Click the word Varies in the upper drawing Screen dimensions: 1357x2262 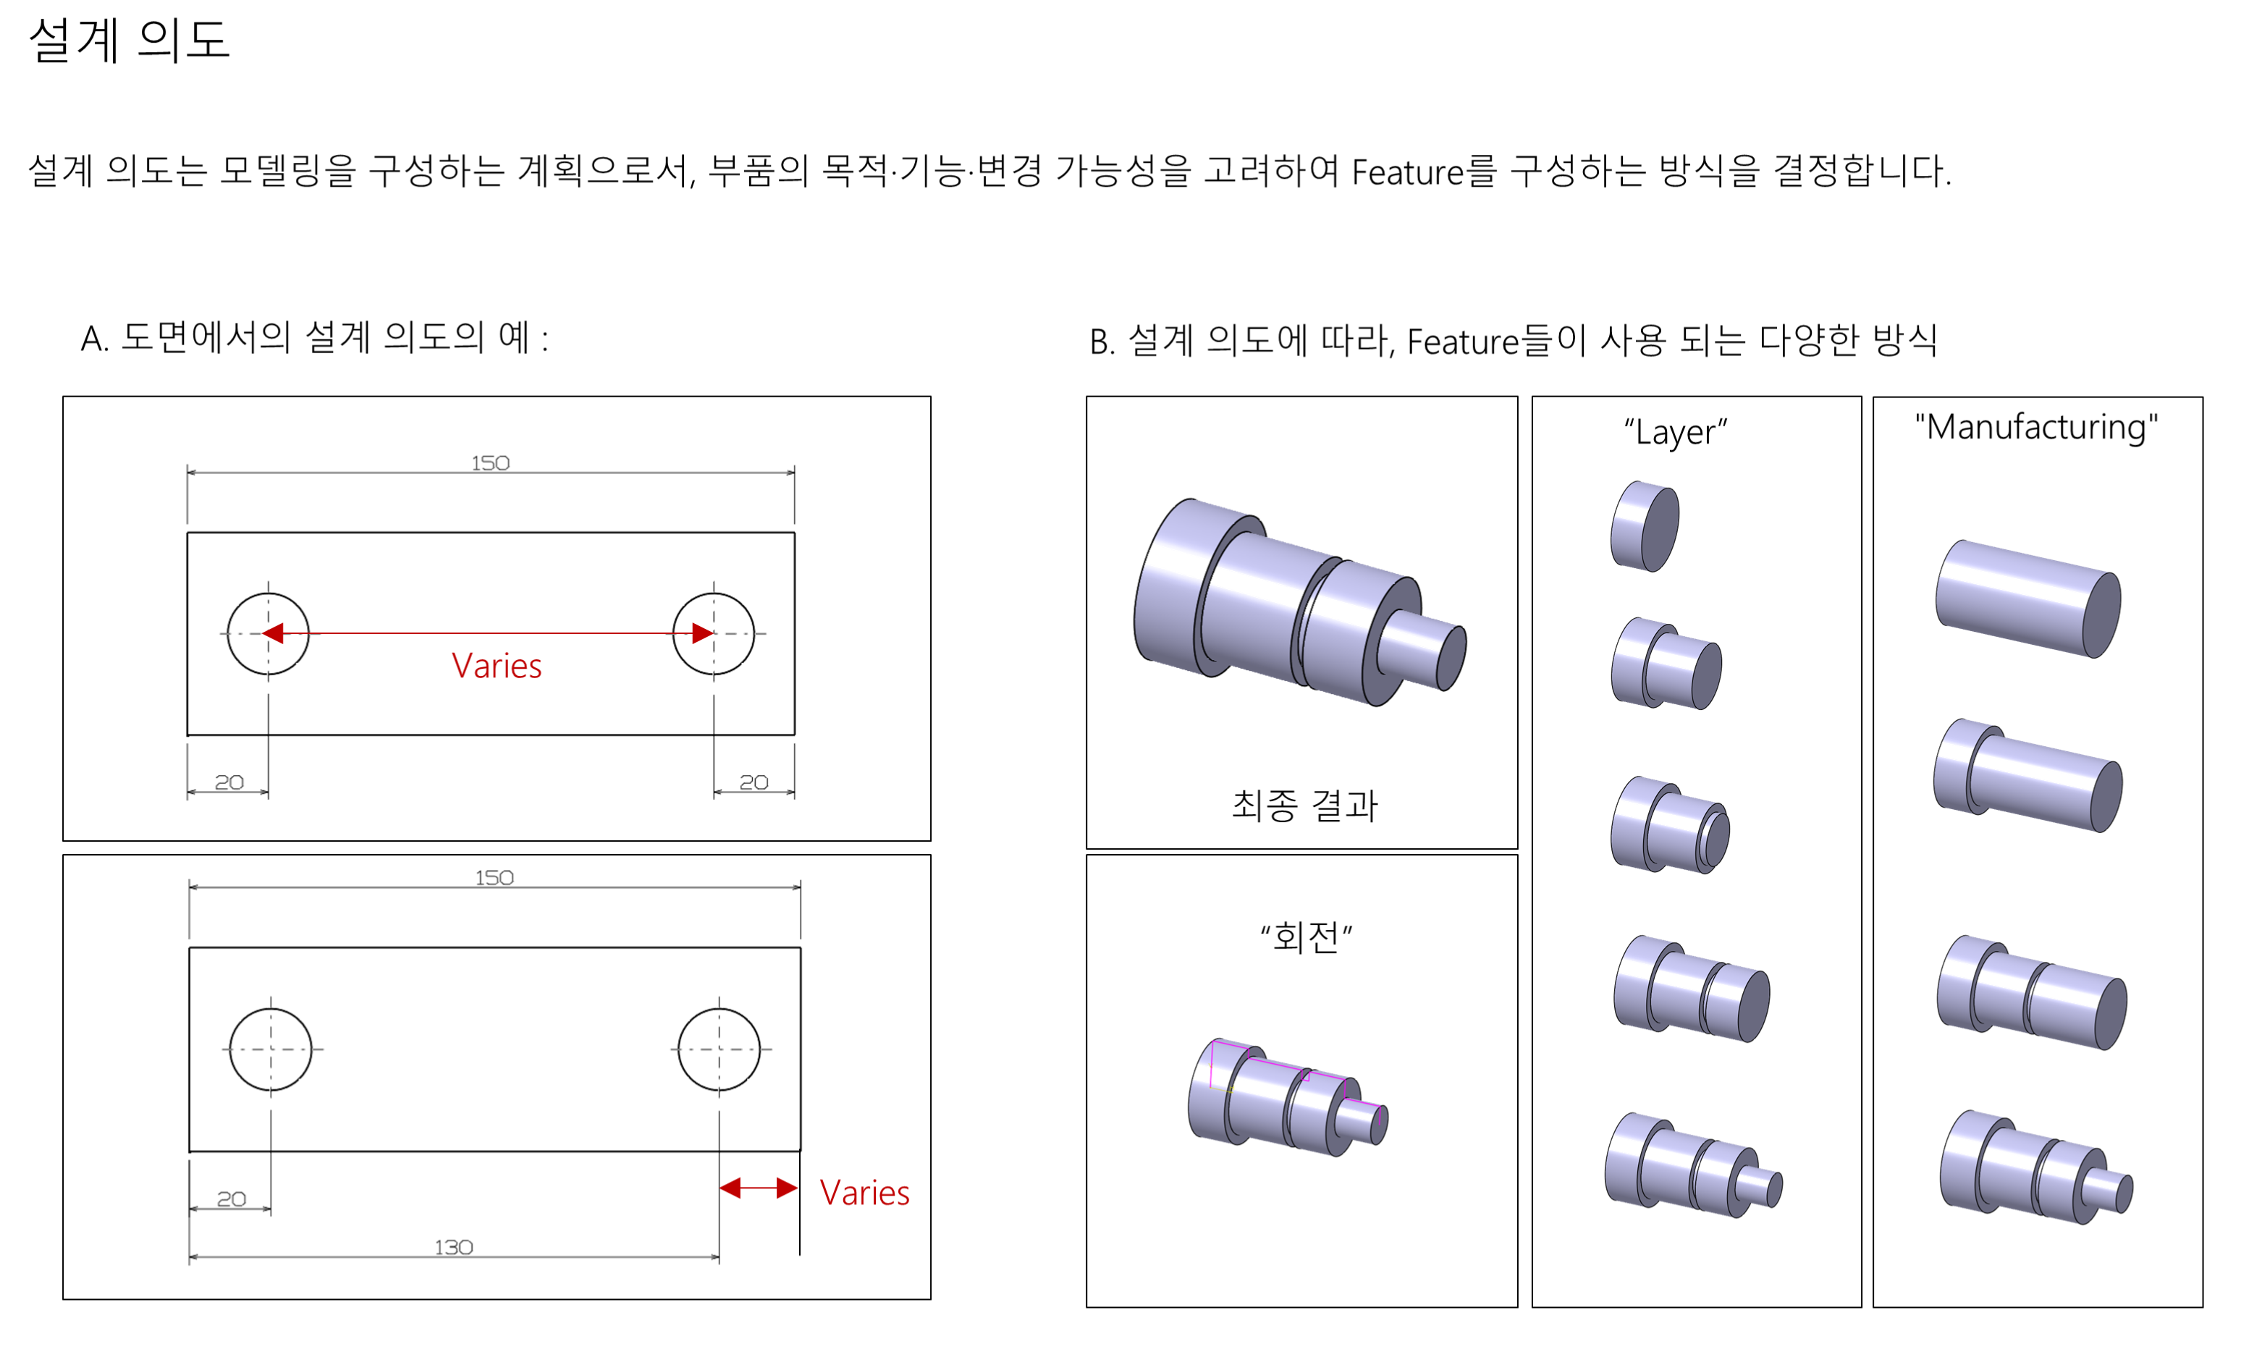click(497, 667)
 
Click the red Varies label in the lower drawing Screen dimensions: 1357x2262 click(864, 1193)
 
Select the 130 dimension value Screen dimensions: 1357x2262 click(454, 1247)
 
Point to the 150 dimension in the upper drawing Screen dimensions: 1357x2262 click(490, 462)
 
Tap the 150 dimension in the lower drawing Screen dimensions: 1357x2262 click(494, 878)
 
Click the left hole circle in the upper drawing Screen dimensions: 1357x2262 click(268, 634)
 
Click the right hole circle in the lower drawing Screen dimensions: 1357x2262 click(719, 1049)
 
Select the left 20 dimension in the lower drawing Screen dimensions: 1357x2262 click(232, 1199)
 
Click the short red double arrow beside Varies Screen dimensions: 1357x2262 click(758, 1188)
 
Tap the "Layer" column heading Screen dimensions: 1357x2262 click(1675, 431)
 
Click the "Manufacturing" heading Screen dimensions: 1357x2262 click(2036, 427)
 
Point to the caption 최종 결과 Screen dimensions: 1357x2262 click(1304, 805)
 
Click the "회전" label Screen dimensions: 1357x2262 click(1306, 937)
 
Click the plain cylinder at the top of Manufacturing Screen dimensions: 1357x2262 click(2027, 599)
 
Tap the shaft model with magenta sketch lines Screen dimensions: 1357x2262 click(1287, 1098)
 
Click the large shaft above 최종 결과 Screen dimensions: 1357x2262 click(1299, 604)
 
